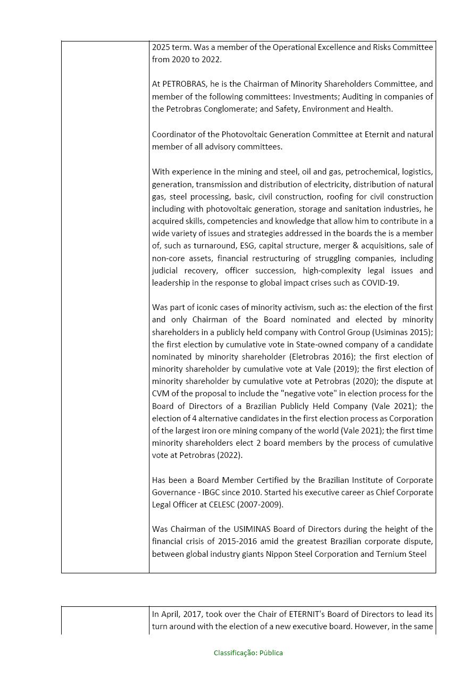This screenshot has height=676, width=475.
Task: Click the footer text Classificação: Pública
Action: (x=248, y=653)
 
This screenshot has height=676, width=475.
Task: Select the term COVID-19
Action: (x=380, y=283)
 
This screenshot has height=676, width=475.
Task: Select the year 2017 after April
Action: (x=189, y=614)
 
